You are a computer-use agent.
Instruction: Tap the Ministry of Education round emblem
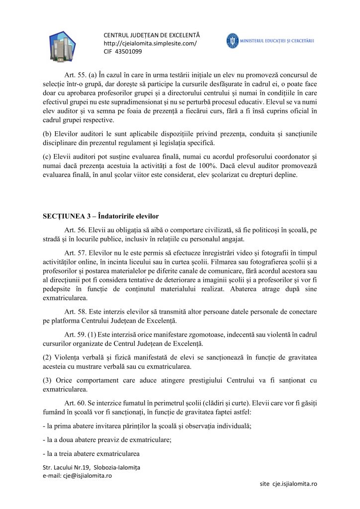click(x=233, y=41)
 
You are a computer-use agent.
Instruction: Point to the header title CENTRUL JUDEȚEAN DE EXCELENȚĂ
click(x=151, y=36)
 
